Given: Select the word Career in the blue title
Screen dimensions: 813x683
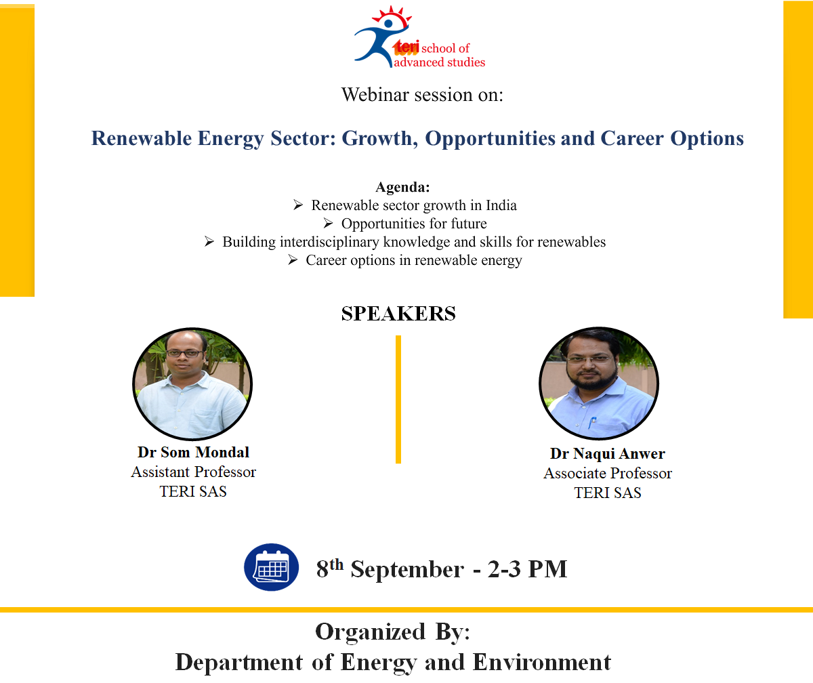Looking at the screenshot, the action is [x=632, y=138].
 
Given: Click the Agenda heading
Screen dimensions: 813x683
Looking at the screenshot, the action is [x=402, y=187].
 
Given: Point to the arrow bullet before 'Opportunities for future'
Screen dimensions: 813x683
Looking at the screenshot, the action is [x=328, y=224].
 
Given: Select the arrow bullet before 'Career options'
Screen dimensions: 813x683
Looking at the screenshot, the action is [x=293, y=260].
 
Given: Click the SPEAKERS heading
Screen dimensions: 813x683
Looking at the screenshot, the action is [x=398, y=314].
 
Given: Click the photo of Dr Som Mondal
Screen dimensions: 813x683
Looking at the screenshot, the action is [x=192, y=384].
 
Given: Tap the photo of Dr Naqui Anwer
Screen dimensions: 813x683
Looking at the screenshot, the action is [x=599, y=383].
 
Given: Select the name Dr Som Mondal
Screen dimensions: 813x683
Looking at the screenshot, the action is [x=193, y=452].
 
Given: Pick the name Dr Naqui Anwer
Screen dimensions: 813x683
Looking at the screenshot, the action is [x=608, y=453].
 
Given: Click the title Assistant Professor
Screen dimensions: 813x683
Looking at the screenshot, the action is [x=194, y=472].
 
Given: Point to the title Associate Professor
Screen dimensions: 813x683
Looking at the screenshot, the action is [x=608, y=473].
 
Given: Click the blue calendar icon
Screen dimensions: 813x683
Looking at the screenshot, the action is [x=272, y=567].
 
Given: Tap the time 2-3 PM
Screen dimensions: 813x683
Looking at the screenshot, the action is [x=527, y=569].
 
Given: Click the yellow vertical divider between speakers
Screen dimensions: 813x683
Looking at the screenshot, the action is [x=398, y=400].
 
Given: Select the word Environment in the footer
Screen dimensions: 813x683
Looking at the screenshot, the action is [x=541, y=662].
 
